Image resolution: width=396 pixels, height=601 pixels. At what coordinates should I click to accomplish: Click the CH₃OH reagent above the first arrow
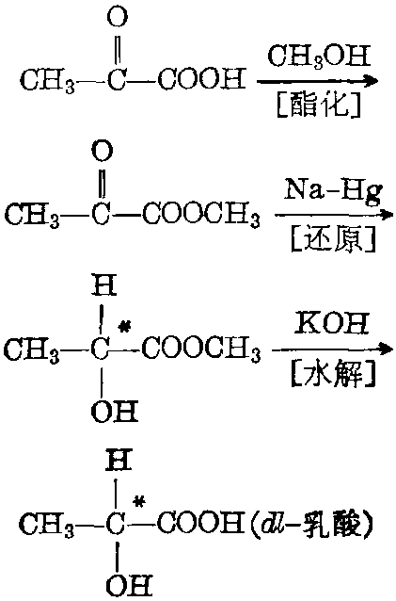[x=319, y=56]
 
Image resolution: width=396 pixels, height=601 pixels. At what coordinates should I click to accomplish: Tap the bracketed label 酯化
[x=318, y=105]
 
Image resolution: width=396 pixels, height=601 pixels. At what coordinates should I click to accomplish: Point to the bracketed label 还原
[x=334, y=239]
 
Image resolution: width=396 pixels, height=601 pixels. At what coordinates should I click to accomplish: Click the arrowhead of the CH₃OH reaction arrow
[x=371, y=81]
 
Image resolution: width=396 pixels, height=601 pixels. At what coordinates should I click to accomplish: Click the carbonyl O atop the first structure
[x=117, y=16]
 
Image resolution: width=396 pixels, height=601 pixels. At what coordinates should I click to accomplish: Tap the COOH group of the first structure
[x=201, y=80]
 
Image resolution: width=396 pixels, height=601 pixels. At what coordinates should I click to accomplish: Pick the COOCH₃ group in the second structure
[x=201, y=216]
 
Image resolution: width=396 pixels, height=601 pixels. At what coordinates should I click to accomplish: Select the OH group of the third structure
[x=115, y=412]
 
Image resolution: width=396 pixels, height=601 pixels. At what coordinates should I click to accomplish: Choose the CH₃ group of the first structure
[x=47, y=81]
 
